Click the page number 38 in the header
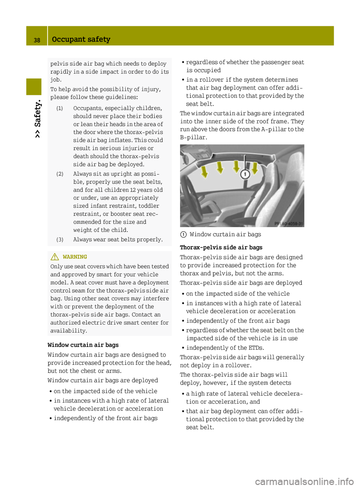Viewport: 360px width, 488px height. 37,40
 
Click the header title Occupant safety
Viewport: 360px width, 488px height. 81,39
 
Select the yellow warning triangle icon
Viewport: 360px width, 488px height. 55,257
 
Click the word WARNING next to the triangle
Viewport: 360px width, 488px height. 75,257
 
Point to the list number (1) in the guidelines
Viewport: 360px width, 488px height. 60,108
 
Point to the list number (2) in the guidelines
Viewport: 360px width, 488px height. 60,174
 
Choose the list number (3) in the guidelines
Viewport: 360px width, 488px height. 60,240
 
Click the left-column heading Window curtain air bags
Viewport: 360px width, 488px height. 83,345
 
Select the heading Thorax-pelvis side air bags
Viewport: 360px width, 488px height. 221,247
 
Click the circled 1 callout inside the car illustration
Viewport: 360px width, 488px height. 245,174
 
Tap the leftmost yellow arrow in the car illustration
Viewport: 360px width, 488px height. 204,172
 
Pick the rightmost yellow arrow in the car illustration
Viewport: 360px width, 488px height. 255,168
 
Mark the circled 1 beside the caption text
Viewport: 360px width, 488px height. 183,235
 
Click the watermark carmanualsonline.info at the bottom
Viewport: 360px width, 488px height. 304,481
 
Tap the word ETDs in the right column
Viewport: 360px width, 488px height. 256,348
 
